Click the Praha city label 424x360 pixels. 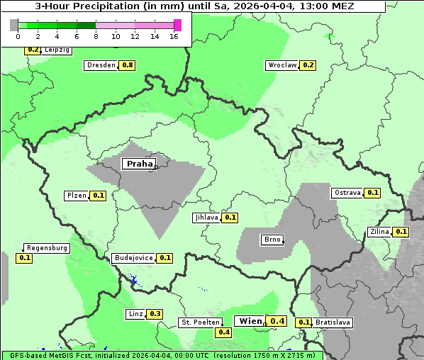coord(139,164)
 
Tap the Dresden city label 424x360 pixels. coord(101,65)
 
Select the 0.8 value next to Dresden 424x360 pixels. coord(128,65)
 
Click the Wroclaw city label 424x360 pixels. coord(281,65)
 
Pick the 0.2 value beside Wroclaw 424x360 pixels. coord(308,65)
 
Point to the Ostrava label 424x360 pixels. coord(347,193)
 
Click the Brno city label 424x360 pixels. coord(272,240)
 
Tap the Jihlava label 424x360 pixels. coord(206,218)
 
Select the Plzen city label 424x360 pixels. coord(76,196)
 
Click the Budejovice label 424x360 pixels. coord(133,258)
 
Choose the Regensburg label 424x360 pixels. coord(47,248)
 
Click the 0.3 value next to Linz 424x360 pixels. coord(155,314)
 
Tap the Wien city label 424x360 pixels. coord(250,321)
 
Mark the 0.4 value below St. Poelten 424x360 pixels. coord(224,332)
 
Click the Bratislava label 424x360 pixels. coord(333,322)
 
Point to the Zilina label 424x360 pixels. coord(379,232)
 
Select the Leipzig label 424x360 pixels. coord(57,50)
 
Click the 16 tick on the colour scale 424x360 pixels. coord(174,36)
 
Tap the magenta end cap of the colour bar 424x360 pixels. coord(177,25)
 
